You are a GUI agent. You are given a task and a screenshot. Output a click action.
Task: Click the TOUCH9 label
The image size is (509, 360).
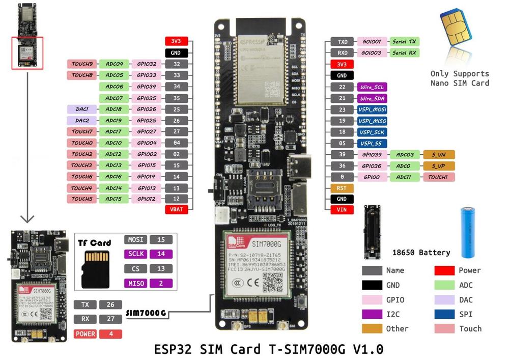coord(82,64)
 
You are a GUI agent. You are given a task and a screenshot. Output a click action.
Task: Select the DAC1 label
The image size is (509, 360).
coord(82,109)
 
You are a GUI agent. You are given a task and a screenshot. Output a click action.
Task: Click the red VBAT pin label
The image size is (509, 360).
coord(177,209)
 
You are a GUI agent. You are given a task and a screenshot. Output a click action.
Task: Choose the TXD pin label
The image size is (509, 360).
coord(342,42)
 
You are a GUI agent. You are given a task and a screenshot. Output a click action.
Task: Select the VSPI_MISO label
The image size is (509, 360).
coord(372,121)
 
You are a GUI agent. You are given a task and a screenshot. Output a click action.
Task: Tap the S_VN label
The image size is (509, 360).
coord(438,154)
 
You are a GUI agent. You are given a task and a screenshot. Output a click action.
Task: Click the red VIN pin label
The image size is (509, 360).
coord(342,209)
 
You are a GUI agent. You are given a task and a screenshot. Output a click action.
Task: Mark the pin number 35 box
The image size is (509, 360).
coord(177,98)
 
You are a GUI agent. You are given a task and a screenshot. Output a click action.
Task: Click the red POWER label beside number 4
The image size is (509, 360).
coord(85,334)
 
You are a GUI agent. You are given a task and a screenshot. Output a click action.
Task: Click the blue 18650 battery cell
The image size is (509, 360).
coord(470,232)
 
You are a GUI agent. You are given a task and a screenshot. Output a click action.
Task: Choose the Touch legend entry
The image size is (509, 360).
coord(470,328)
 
